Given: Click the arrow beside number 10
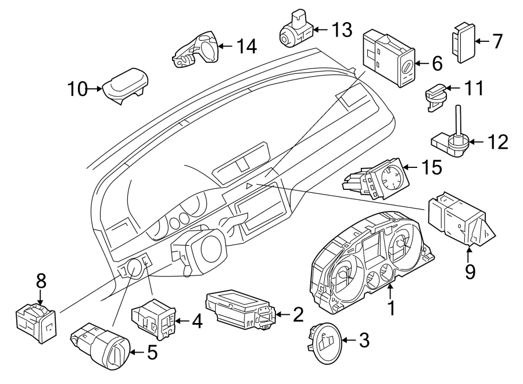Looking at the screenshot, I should point(94,89).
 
